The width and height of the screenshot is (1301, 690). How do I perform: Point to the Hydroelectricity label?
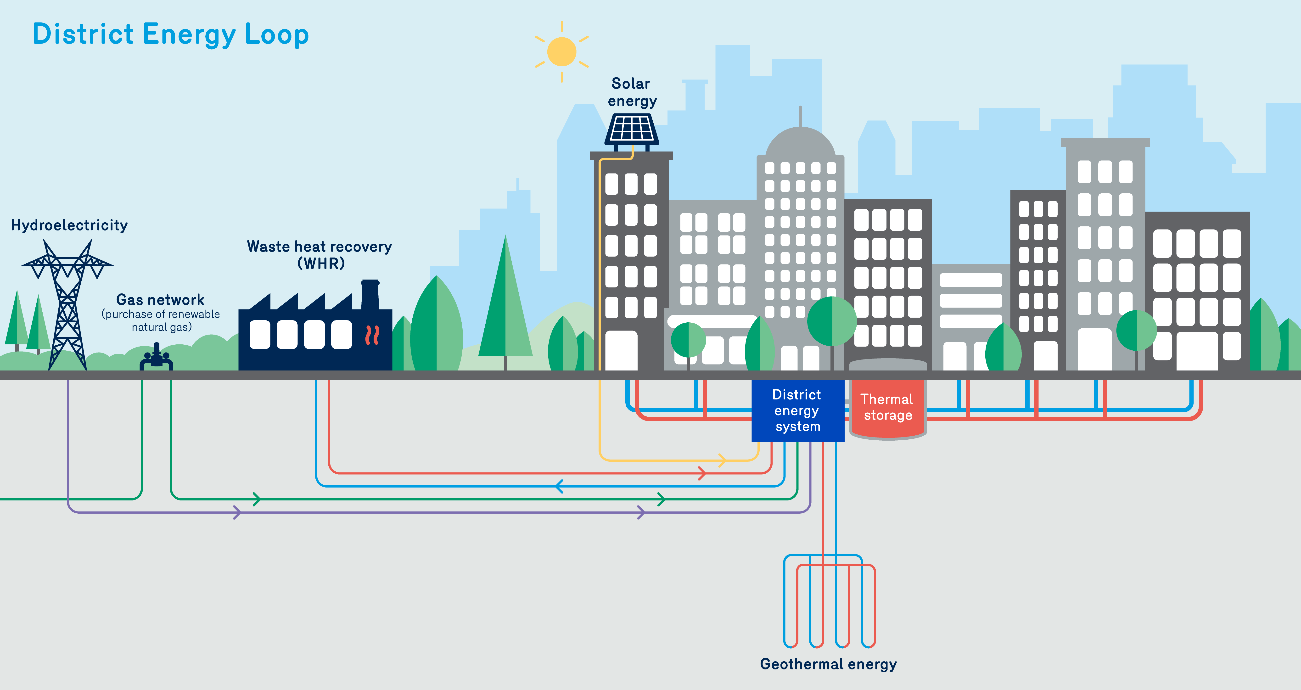pos(69,225)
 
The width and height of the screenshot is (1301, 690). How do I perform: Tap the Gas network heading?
pos(160,300)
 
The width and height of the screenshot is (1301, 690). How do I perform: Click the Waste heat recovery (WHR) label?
pos(319,255)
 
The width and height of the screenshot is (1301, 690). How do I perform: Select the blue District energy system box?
pos(797,410)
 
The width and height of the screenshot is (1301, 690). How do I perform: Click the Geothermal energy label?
pos(828,664)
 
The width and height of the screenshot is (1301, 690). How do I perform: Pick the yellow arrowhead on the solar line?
pos(722,460)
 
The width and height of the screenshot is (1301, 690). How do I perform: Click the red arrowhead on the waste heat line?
pos(701,473)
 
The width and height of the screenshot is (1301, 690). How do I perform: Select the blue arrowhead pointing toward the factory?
pos(559,486)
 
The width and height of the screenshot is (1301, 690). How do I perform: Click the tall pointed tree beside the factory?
pos(505,303)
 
